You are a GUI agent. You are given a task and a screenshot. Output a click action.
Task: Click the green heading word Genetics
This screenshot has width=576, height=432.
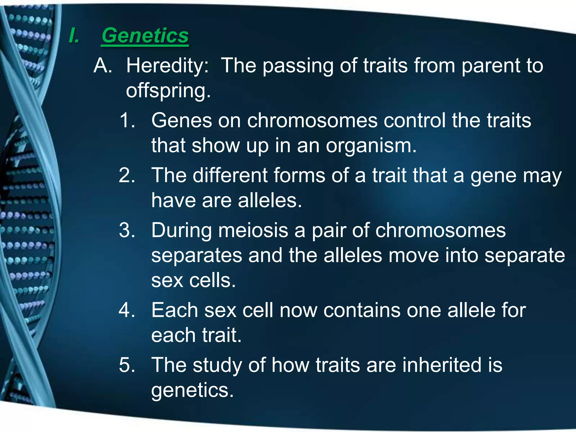(145, 36)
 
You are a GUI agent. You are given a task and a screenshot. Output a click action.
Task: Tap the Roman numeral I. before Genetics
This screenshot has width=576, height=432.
(74, 36)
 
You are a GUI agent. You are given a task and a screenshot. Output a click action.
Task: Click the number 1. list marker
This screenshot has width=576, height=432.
(127, 120)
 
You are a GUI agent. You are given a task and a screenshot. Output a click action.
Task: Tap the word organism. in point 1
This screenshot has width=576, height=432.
(371, 146)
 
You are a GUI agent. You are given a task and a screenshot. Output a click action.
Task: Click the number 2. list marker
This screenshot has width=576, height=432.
(127, 175)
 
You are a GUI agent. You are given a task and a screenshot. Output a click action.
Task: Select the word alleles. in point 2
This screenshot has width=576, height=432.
(270, 201)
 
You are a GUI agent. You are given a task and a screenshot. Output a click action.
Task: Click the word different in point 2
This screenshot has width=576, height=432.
(230, 175)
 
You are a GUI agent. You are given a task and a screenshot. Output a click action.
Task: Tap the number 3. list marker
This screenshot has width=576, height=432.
(127, 230)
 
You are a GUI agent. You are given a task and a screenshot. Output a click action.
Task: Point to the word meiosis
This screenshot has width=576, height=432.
(253, 230)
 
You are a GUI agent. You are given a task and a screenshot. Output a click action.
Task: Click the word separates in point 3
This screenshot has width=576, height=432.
(197, 255)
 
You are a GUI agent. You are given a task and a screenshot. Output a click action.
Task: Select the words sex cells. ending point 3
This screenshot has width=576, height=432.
(193, 281)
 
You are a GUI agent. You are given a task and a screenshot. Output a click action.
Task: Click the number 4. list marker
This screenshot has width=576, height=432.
(127, 310)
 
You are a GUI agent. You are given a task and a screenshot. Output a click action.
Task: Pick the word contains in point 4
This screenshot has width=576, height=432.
(362, 310)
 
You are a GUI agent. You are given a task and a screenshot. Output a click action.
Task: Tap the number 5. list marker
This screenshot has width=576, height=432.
(127, 365)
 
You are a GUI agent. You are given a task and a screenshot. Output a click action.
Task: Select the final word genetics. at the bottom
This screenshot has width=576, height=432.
(192, 390)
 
